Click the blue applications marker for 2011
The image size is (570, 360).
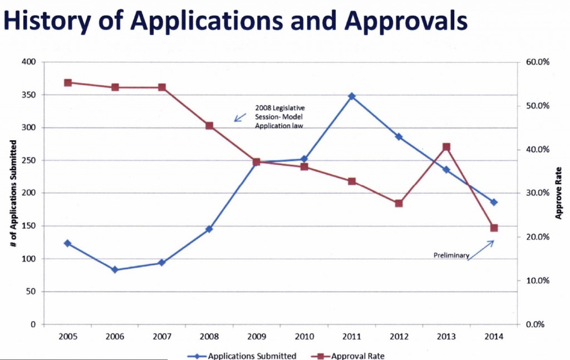[351, 96]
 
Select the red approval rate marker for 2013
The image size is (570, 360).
[446, 147]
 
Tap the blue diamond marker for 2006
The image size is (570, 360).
[115, 270]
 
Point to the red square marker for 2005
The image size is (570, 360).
[67, 83]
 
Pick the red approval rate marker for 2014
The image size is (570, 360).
[494, 228]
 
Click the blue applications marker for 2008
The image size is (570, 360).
[209, 229]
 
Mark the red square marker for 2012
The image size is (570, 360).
[399, 204]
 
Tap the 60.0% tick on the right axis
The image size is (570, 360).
[538, 62]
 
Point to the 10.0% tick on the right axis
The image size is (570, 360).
[538, 281]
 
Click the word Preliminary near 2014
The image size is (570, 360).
[451, 255]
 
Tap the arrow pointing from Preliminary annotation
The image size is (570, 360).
[481, 249]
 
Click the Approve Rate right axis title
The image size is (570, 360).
[559, 193]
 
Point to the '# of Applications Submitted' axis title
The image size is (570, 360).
[13, 193]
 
